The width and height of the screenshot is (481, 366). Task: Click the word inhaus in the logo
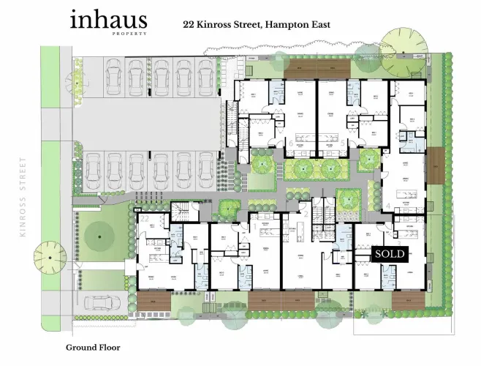(x=108, y=20)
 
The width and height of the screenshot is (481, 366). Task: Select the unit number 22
(x=145, y=219)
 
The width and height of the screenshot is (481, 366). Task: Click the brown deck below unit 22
(x=153, y=301)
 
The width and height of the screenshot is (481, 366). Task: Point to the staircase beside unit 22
(x=181, y=214)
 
